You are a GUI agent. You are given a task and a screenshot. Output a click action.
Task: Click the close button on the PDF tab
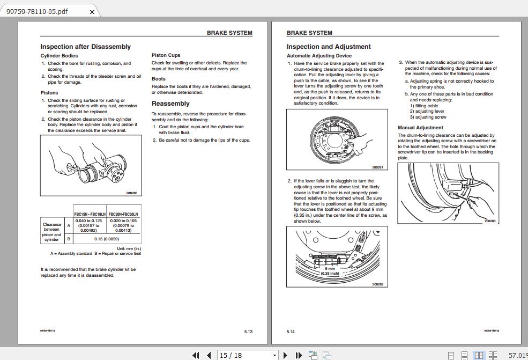click(x=92, y=12)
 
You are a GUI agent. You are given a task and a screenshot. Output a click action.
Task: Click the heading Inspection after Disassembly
click(x=85, y=47)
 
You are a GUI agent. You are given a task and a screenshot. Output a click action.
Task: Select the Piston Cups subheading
click(x=166, y=55)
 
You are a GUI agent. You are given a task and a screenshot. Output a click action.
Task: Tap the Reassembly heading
click(x=170, y=104)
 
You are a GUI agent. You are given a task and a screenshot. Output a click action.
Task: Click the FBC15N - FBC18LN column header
click(x=90, y=214)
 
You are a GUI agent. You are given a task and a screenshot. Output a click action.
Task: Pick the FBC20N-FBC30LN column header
click(x=123, y=214)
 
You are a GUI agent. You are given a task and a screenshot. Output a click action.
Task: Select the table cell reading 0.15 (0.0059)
click(x=107, y=239)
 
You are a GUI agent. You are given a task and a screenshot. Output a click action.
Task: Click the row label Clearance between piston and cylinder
click(x=52, y=232)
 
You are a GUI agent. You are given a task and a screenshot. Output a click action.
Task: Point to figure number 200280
click(x=131, y=193)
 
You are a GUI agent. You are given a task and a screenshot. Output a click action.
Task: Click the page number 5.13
click(x=248, y=332)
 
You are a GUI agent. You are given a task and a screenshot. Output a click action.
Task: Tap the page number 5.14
click(x=291, y=332)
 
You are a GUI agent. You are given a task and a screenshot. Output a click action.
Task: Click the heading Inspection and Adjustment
click(x=329, y=47)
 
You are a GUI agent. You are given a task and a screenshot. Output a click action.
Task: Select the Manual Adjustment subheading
click(x=420, y=128)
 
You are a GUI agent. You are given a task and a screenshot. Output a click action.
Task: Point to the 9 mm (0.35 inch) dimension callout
click(x=330, y=271)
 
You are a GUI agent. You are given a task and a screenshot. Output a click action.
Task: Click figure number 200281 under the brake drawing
click(x=377, y=167)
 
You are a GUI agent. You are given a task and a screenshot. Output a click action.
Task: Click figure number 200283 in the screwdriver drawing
click(x=489, y=221)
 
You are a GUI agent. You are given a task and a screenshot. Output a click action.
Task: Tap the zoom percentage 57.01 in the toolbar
click(x=517, y=355)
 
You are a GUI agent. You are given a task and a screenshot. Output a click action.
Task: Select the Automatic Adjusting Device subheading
click(x=319, y=56)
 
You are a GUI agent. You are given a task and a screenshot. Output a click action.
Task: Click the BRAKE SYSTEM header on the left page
click(x=229, y=33)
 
